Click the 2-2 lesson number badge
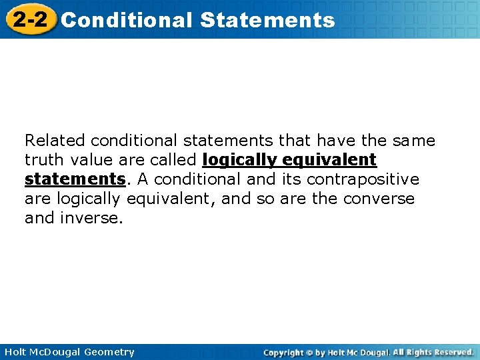point(30,19)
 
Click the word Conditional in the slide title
point(126,20)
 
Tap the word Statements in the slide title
point(267,20)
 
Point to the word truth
point(41,160)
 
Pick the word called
point(175,160)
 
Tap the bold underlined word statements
point(75,179)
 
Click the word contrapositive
point(363,179)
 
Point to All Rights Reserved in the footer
point(433,352)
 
